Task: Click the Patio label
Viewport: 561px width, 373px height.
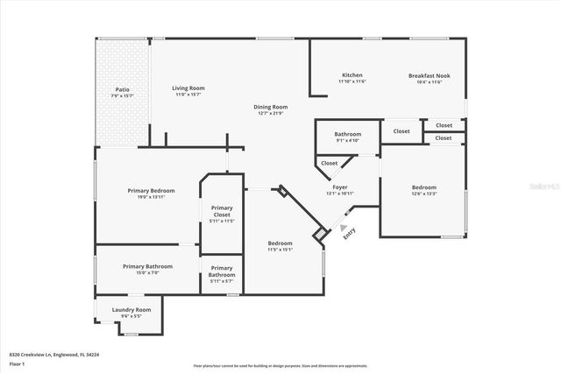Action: (x=122, y=89)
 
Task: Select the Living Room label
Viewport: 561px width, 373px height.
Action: (x=188, y=88)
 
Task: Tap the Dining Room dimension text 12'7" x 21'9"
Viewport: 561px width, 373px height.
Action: (x=273, y=114)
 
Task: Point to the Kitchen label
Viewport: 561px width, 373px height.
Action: (x=352, y=75)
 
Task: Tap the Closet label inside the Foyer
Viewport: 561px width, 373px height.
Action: (x=330, y=163)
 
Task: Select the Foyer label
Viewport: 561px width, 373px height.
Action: (x=338, y=186)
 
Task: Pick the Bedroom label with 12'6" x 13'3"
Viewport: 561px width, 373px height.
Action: (x=424, y=187)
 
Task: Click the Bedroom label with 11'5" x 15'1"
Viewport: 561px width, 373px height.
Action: (x=280, y=243)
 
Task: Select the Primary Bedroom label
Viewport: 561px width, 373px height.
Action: (x=151, y=191)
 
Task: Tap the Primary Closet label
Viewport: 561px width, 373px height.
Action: (x=222, y=211)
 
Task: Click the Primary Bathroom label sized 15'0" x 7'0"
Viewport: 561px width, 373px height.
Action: (x=147, y=266)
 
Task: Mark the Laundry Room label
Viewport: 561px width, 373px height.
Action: (x=131, y=309)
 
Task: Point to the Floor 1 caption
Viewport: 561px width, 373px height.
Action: (x=17, y=363)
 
